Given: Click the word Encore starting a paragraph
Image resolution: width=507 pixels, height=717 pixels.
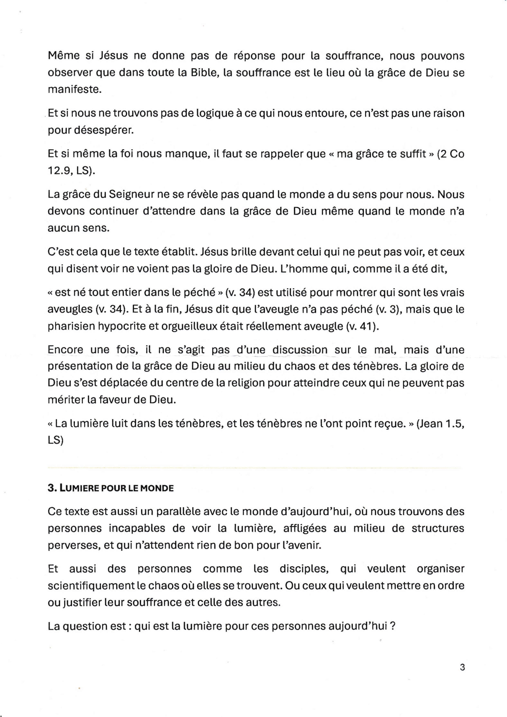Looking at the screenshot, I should [x=65, y=350].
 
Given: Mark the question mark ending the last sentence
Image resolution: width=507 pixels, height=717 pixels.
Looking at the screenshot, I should [x=393, y=626].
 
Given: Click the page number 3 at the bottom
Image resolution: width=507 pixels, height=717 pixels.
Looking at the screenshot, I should [x=462, y=668].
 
